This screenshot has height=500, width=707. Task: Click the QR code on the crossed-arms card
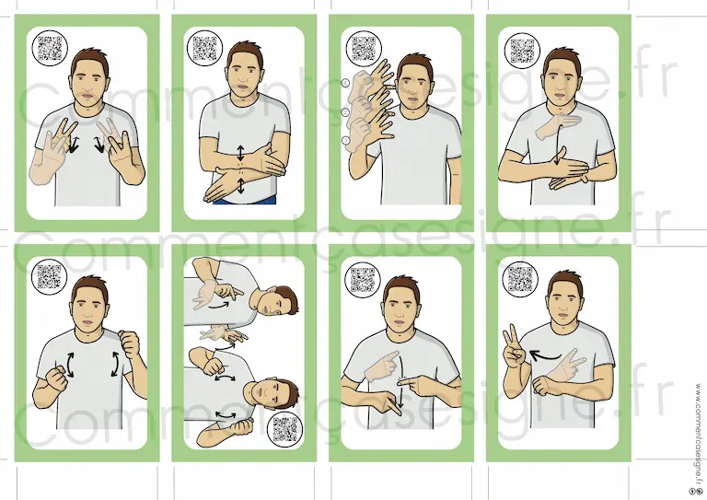click(204, 48)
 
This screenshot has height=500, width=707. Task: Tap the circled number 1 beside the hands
click(346, 83)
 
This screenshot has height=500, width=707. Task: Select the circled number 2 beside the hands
click(346, 112)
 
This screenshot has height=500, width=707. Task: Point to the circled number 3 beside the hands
click(346, 141)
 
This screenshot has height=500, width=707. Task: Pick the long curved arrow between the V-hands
click(545, 357)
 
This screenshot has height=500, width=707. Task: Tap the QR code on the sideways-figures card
click(285, 429)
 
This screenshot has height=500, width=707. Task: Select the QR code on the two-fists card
click(49, 276)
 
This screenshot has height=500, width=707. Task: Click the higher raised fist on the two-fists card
click(130, 343)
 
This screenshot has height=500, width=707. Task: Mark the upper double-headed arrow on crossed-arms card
click(240, 153)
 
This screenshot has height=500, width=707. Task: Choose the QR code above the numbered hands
click(364, 48)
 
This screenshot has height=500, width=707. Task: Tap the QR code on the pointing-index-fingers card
click(363, 280)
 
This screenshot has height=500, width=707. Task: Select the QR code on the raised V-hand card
click(520, 279)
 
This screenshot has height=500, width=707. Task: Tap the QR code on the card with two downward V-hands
click(50, 48)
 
